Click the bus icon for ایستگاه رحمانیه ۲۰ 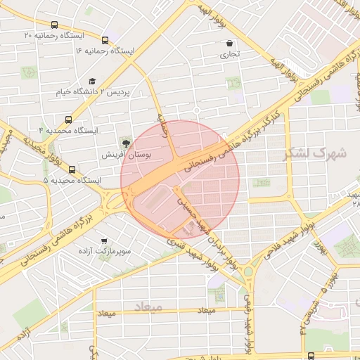click(x=105, y=40)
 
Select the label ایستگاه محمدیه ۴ click(x=68, y=131)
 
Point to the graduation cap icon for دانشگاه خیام click(x=92, y=81)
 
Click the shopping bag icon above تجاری click(x=230, y=44)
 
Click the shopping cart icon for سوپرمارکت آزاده click(x=104, y=240)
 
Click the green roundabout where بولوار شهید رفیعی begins click(x=247, y=271)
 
